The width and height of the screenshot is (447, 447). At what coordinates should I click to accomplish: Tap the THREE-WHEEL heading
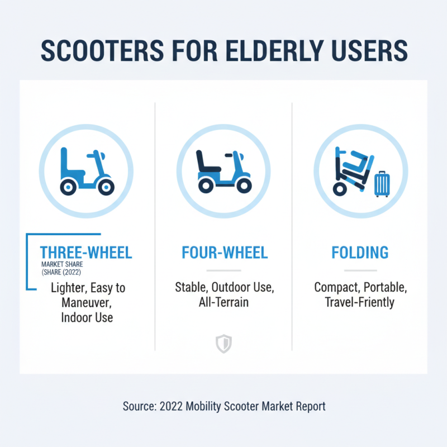point(86,253)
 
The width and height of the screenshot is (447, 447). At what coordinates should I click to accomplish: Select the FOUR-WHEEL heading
point(225,253)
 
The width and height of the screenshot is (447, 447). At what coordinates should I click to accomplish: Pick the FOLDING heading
point(360,253)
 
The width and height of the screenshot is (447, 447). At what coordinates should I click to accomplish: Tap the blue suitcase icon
point(382,184)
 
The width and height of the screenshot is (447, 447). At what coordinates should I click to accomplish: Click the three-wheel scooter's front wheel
point(105,187)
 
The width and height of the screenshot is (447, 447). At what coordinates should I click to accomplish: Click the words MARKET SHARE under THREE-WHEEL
point(62,264)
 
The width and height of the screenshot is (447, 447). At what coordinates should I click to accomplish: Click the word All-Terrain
point(224,302)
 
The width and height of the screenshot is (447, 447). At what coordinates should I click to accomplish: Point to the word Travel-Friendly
point(360,302)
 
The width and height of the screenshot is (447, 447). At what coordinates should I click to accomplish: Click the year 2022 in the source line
point(169,406)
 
